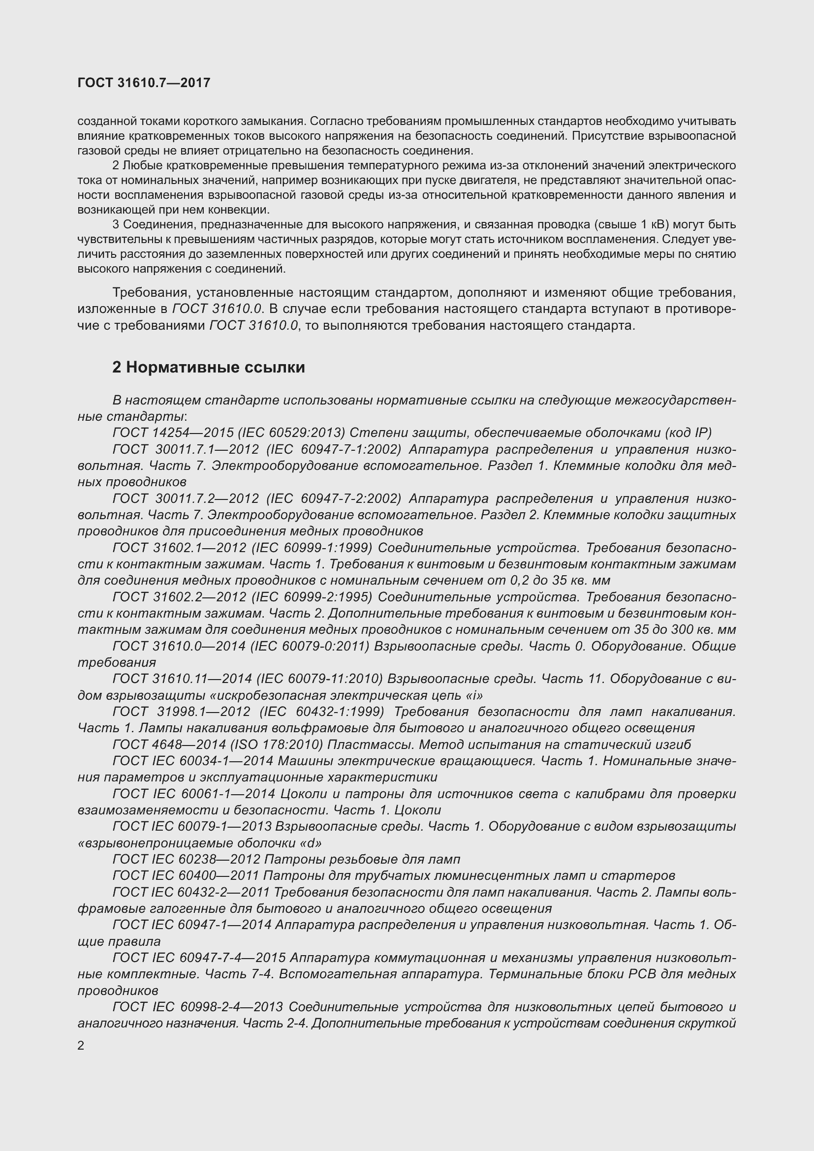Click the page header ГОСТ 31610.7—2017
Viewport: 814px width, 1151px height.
(x=144, y=83)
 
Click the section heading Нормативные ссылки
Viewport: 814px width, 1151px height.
(x=208, y=368)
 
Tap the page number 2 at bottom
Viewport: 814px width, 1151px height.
(x=81, y=1046)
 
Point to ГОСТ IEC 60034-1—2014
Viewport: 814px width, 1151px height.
(x=193, y=761)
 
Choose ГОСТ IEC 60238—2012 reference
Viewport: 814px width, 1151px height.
(x=187, y=859)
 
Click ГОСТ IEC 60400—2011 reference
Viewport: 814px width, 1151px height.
(x=186, y=876)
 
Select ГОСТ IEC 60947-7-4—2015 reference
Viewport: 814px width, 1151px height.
(x=199, y=958)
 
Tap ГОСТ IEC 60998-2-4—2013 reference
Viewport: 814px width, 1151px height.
(x=198, y=1007)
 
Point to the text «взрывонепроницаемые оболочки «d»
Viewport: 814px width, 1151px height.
(x=199, y=843)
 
